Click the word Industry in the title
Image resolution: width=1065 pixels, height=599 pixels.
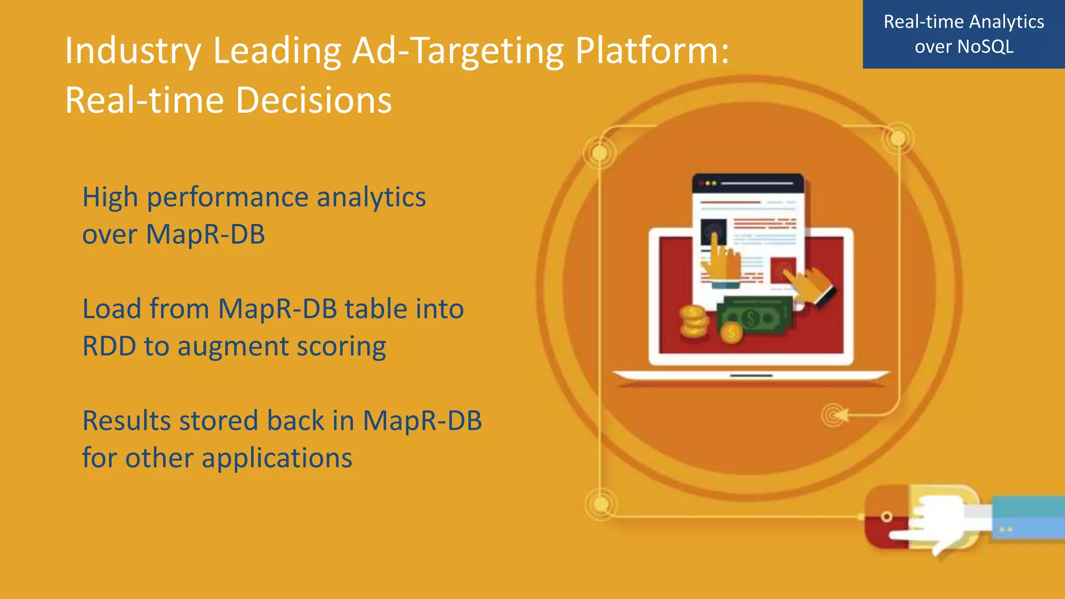click(132, 51)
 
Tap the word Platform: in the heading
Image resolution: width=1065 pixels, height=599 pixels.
click(652, 51)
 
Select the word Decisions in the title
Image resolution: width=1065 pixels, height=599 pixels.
click(314, 100)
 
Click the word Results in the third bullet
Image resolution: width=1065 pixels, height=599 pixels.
click(126, 421)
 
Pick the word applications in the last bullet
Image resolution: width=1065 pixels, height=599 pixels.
click(277, 459)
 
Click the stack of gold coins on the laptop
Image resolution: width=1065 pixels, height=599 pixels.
click(693, 322)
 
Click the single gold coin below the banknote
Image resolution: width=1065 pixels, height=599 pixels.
click(732, 334)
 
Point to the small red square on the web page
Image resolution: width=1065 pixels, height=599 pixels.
click(783, 270)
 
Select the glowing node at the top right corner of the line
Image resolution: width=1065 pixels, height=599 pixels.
click(898, 138)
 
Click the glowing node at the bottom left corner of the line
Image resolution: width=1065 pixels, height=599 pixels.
click(601, 504)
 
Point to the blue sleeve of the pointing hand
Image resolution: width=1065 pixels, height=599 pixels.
click(1027, 518)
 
